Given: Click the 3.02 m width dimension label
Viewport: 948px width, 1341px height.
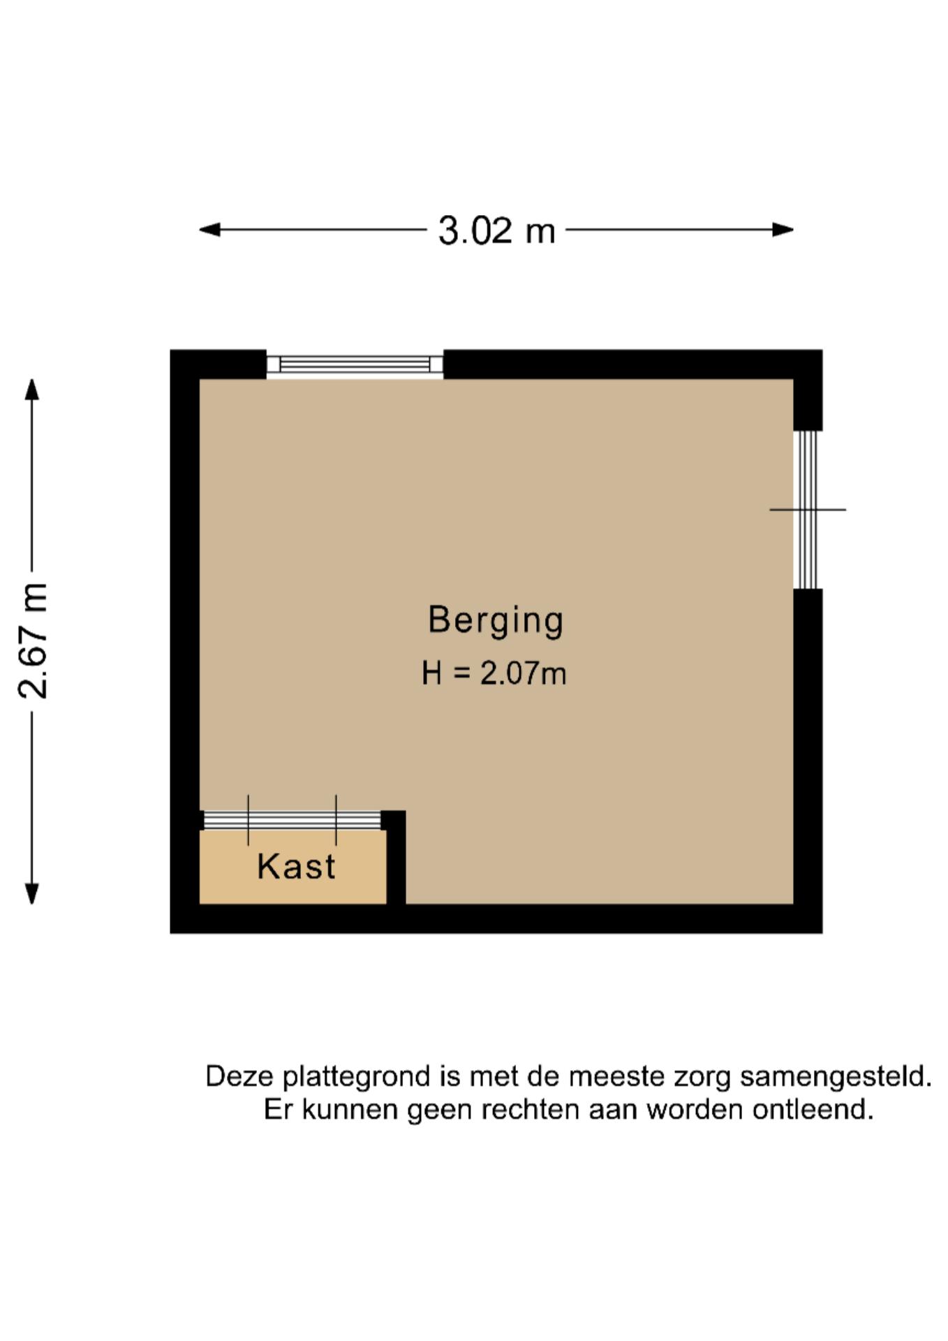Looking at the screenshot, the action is click(496, 230).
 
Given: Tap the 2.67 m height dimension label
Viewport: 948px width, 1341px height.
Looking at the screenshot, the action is click(33, 640).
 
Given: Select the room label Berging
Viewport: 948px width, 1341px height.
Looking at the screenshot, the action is click(496, 620).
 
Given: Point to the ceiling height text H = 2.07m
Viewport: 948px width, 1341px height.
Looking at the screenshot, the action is click(494, 673).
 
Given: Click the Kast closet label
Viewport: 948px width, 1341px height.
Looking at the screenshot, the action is click(296, 867).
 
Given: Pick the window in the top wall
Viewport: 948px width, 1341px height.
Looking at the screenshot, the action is click(355, 365).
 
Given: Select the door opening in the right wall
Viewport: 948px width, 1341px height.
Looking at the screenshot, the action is click(808, 510).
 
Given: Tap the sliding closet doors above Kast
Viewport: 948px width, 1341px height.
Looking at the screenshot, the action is click(292, 820).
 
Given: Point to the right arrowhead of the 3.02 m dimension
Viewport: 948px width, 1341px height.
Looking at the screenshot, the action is click(783, 229).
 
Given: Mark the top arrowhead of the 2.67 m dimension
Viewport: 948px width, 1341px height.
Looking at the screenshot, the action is click(32, 389).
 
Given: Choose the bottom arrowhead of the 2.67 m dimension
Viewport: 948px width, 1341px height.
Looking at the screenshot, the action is click(32, 893).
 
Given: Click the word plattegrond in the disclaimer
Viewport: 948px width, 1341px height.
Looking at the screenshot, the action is click(357, 1077).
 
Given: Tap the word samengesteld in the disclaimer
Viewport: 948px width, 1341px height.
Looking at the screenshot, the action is click(836, 1077).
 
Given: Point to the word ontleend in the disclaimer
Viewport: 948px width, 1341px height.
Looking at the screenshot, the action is click(813, 1109).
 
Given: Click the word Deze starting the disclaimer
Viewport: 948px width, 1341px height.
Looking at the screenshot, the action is click(239, 1076).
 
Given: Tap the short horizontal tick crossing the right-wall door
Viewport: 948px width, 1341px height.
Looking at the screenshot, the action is click(808, 510).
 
